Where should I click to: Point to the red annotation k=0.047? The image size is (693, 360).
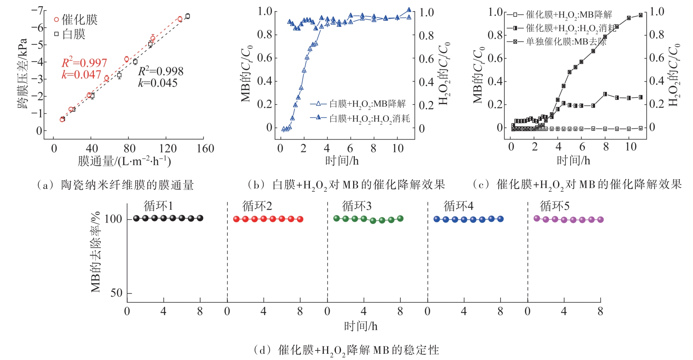(x=81, y=75)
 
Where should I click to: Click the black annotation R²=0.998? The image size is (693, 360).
(x=161, y=71)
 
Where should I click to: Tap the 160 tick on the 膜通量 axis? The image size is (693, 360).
(x=205, y=148)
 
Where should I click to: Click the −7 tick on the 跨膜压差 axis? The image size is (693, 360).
(x=37, y=10)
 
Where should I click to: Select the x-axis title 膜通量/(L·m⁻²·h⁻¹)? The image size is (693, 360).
(x=124, y=161)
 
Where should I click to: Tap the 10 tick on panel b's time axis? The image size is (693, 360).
(x=398, y=148)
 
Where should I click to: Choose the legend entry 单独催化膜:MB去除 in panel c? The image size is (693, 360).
(x=557, y=42)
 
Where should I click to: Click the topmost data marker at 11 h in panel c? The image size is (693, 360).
(x=641, y=15)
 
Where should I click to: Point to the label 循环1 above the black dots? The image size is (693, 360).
(x=158, y=206)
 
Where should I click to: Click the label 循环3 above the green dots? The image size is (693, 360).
(x=356, y=206)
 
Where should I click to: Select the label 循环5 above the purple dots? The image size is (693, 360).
(x=554, y=206)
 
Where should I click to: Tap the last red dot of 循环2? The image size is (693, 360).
(x=300, y=219)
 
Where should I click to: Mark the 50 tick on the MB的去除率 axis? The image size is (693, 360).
(x=116, y=293)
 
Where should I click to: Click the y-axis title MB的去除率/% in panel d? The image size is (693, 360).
(x=95, y=252)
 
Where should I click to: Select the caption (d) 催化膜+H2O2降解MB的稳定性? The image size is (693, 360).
(x=346, y=350)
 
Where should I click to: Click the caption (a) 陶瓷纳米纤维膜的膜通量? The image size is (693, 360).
(x=115, y=185)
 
